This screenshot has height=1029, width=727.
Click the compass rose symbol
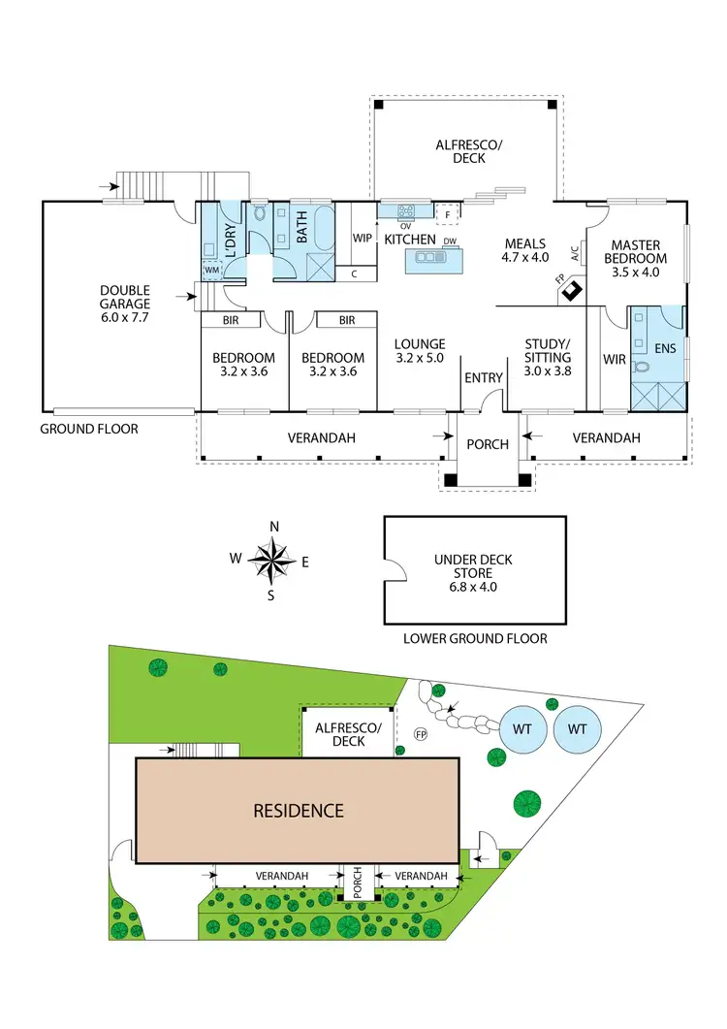[x=274, y=561]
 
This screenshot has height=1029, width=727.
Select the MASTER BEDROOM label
[x=636, y=252]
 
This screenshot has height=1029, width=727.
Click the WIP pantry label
[x=363, y=238]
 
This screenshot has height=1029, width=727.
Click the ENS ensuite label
[x=665, y=347]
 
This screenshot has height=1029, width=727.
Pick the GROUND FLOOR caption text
[x=89, y=429]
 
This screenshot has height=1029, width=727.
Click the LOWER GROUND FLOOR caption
[x=474, y=638]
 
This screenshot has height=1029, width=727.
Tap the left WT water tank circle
[x=523, y=728]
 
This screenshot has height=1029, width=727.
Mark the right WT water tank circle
[x=577, y=728]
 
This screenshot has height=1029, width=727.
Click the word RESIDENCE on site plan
[x=299, y=811]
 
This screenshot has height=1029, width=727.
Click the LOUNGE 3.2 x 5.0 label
[x=420, y=350]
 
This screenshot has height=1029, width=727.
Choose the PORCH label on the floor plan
[x=488, y=444]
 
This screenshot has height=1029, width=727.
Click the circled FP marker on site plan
[x=421, y=733]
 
